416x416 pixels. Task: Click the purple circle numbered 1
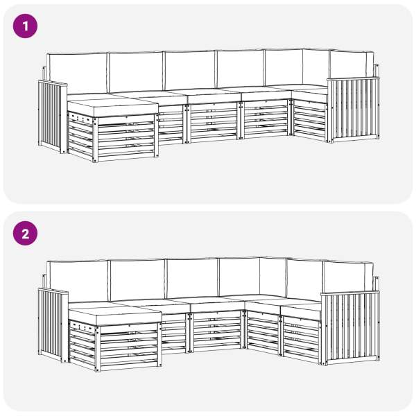[x=25, y=26]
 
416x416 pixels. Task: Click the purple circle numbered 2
[x=25, y=234]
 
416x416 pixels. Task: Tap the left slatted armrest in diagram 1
[x=53, y=116]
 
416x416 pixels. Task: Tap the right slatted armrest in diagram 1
[x=354, y=110]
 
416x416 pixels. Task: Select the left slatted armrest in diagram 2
[x=53, y=326]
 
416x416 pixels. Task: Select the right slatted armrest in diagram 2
[x=350, y=328]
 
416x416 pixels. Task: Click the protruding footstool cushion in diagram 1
[x=113, y=107]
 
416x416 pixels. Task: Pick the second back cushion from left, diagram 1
[x=136, y=71]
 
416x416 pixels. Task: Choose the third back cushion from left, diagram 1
[x=190, y=70]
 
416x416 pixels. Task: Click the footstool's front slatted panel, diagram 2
[x=129, y=347]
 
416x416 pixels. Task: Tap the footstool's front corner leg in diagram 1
[x=95, y=140]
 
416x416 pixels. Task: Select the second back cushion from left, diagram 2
[x=137, y=280]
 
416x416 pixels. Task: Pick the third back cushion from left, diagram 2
[x=192, y=278]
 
